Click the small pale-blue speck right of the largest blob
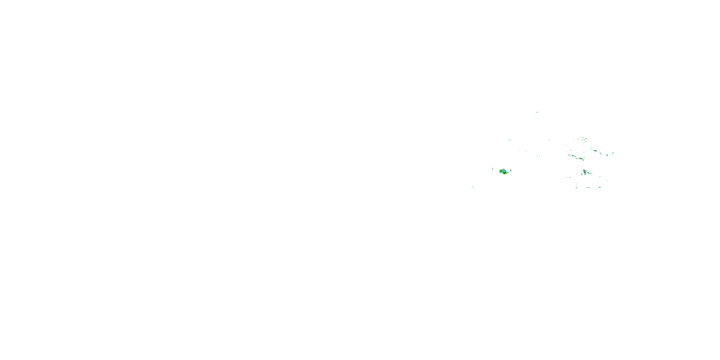tap(511, 170)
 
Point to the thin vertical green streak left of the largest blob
tap(492, 168)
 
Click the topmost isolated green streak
tap(537, 112)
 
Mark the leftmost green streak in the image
tap(473, 187)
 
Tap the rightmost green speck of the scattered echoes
tap(613, 153)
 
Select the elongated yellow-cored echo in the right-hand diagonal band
tap(581, 158)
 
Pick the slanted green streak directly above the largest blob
tap(510, 140)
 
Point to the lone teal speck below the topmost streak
tap(549, 140)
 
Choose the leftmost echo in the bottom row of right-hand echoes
tap(576, 187)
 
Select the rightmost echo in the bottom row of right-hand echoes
tap(600, 187)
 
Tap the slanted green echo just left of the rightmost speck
tap(607, 155)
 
